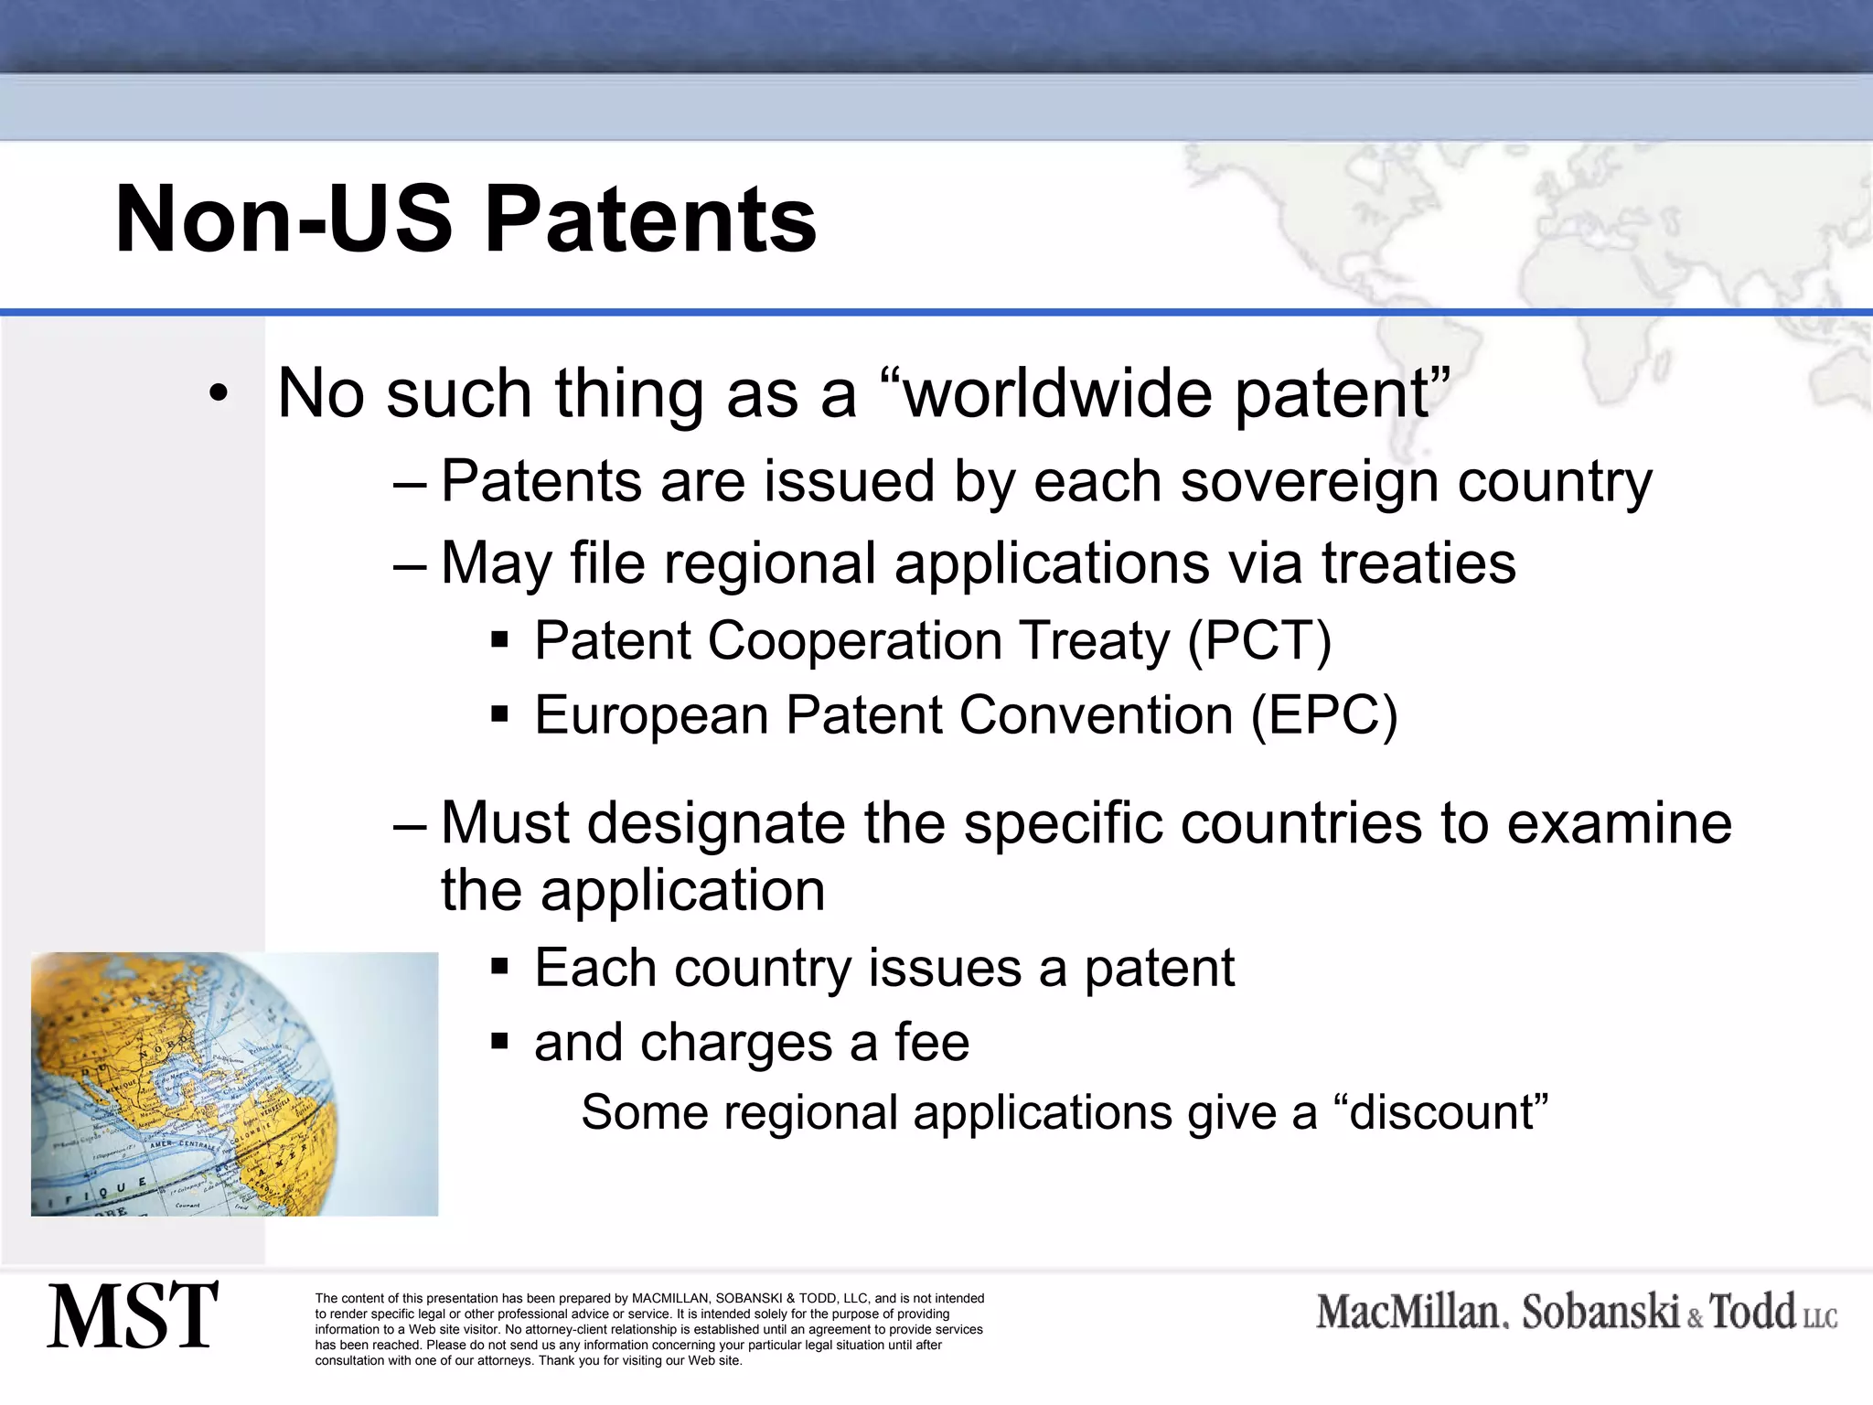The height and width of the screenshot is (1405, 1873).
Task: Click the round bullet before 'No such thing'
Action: (x=217, y=394)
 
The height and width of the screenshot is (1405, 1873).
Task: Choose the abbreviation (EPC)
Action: (x=1323, y=714)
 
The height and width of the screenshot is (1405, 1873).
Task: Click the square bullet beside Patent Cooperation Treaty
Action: (x=499, y=639)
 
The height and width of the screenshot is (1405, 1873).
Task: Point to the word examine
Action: (x=1619, y=822)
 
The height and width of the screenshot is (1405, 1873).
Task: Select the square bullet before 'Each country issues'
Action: (x=499, y=967)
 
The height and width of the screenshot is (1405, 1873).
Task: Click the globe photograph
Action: (x=234, y=1084)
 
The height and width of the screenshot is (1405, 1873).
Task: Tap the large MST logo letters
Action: (x=134, y=1315)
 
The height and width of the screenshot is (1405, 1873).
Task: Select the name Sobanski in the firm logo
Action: (x=1600, y=1313)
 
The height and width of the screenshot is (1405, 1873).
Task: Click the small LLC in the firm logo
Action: (x=1820, y=1318)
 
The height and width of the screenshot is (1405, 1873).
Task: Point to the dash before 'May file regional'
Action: (x=410, y=563)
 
